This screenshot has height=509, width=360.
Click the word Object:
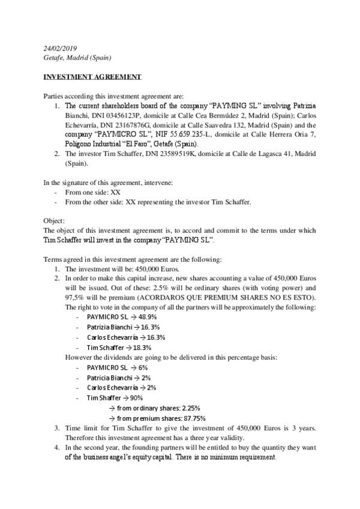[x=55, y=220]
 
